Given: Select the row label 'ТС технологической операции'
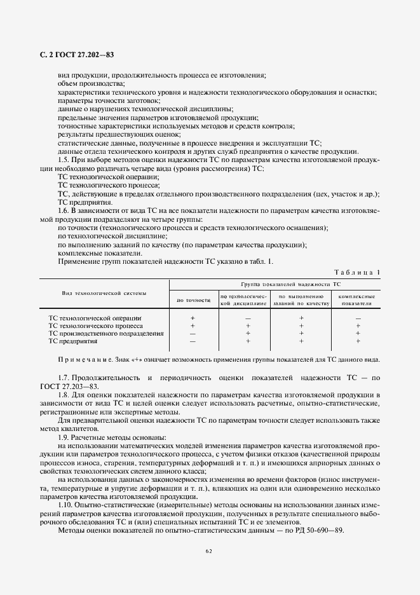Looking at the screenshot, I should point(95,317).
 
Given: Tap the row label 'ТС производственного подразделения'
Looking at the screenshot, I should point(106,333).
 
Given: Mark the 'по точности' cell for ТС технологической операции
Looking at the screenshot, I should point(193,317).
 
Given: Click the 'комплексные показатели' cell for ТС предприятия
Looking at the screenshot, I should point(358,341).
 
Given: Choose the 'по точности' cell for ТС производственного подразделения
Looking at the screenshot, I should point(193,333).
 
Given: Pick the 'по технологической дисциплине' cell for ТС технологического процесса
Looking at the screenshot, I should point(248,325).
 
